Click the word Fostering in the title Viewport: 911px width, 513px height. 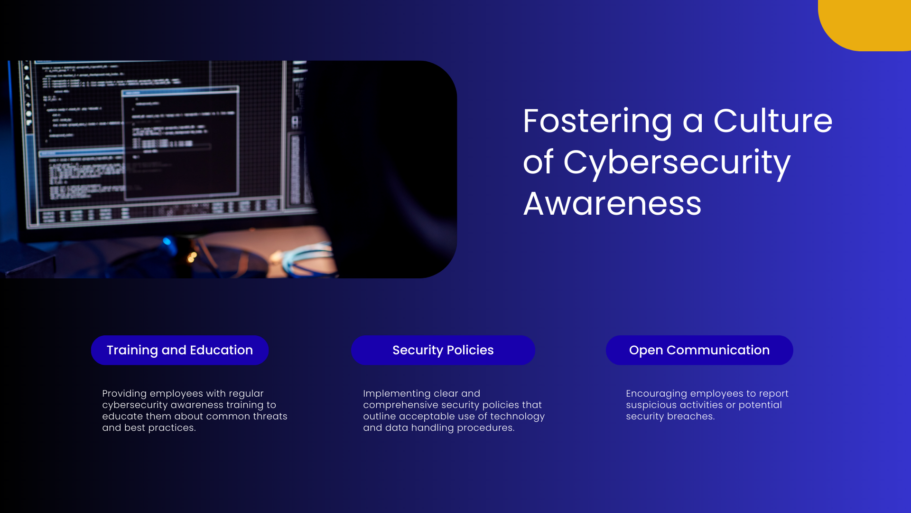[597, 122]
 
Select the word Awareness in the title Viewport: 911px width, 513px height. [612, 204]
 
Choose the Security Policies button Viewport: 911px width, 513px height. [443, 350]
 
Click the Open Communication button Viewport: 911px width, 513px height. [699, 350]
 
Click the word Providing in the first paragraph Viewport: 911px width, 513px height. [124, 394]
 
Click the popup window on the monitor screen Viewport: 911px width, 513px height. [180, 142]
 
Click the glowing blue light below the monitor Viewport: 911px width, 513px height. [167, 241]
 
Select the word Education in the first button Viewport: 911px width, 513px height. [221, 350]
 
